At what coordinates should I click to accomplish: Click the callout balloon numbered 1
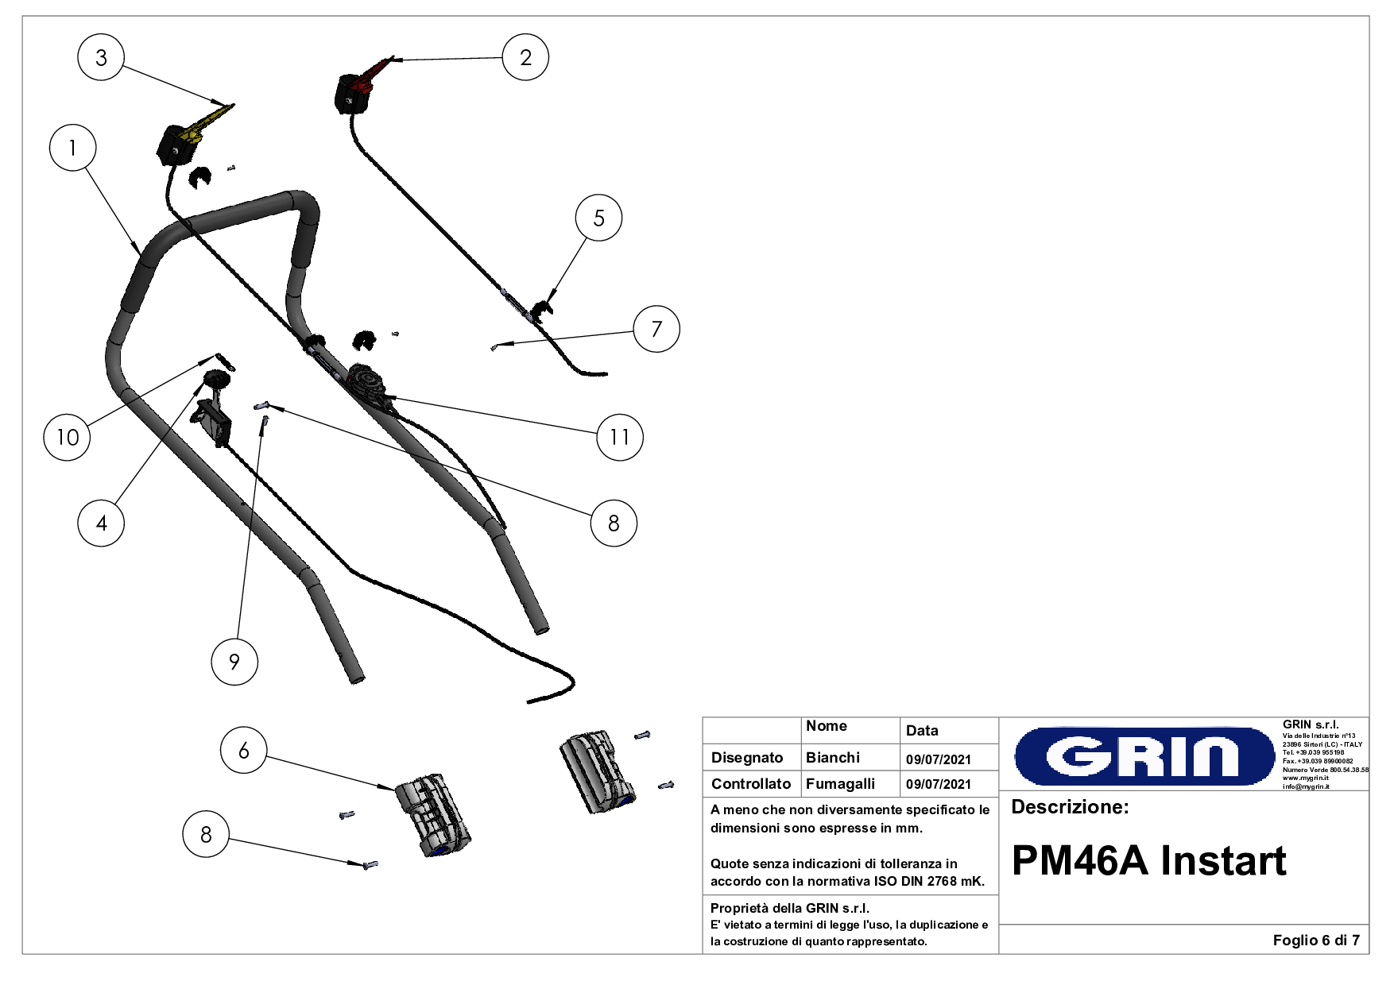click(x=72, y=148)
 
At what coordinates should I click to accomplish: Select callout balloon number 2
click(x=525, y=57)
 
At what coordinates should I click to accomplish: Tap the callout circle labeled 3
click(x=101, y=57)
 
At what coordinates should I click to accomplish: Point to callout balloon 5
click(x=598, y=218)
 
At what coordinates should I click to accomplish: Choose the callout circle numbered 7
click(x=656, y=329)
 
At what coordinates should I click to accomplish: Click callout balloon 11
click(x=620, y=437)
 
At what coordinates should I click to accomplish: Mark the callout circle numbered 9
click(x=234, y=662)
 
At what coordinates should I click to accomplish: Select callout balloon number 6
click(x=244, y=750)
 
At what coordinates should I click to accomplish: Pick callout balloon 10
click(x=68, y=437)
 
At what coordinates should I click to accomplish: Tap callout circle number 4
click(x=101, y=523)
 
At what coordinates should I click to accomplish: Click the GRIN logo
click(x=1144, y=755)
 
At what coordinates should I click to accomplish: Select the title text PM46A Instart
click(x=1148, y=860)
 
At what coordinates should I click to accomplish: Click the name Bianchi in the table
click(x=832, y=758)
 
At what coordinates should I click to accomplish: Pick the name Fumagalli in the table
click(x=840, y=784)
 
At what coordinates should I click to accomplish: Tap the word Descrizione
click(x=1070, y=807)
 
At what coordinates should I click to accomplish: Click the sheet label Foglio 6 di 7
click(x=1315, y=941)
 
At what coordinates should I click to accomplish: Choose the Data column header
click(x=922, y=731)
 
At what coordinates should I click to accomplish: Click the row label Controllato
click(x=751, y=784)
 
